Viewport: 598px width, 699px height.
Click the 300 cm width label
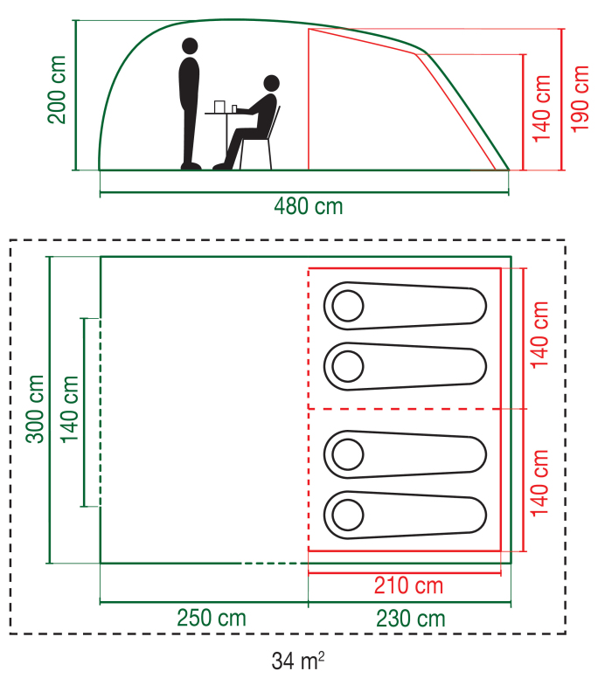tap(35, 409)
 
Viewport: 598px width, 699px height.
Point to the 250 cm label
tap(211, 619)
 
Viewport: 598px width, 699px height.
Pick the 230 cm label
tap(410, 619)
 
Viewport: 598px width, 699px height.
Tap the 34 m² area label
tap(298, 661)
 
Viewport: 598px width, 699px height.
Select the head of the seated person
tap(270, 84)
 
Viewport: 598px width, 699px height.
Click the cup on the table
tap(219, 107)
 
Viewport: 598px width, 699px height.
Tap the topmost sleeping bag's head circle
tap(347, 306)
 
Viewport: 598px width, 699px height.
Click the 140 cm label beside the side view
tap(542, 108)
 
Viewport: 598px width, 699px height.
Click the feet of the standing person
tap(191, 165)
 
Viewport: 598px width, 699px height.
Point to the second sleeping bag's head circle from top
tap(347, 366)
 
